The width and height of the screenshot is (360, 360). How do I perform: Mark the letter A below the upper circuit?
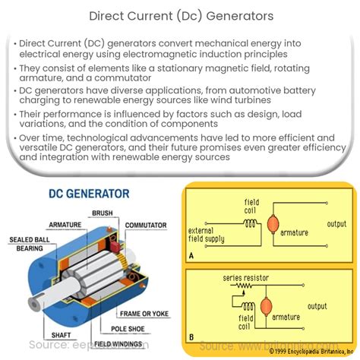tap(191, 256)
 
